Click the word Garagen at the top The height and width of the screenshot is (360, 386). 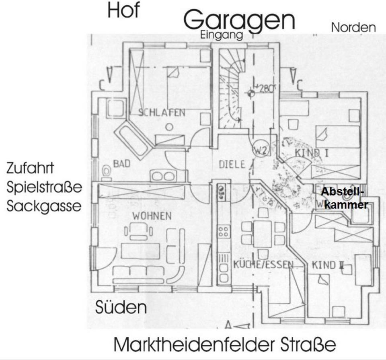tap(239, 20)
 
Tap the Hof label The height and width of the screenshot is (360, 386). tap(123, 11)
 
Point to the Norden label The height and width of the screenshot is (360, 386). tap(353, 27)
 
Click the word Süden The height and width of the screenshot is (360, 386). tap(121, 308)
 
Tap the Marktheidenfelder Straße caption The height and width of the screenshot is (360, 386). tap(224, 345)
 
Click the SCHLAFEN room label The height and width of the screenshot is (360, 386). tap(162, 112)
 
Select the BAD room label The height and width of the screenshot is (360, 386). tap(121, 164)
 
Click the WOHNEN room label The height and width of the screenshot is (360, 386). tap(152, 216)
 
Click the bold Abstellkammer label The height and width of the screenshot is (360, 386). tap(344, 198)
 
